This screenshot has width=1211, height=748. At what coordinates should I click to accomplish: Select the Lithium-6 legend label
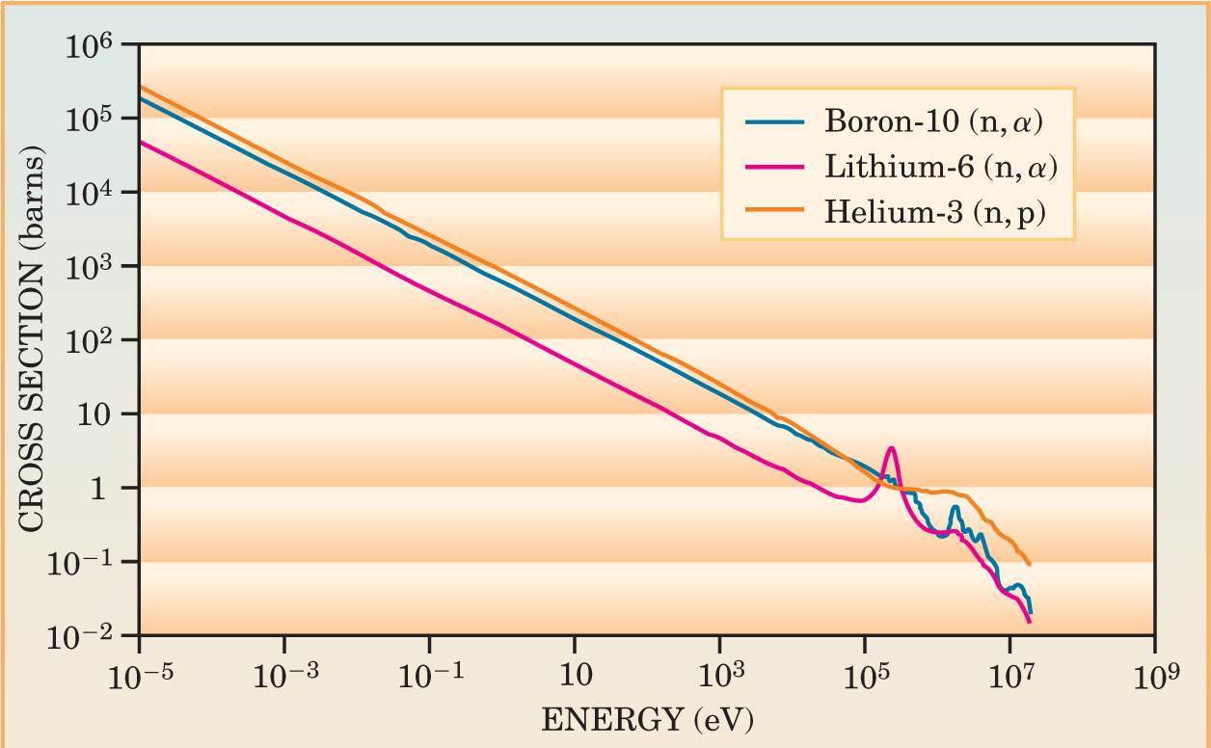point(942,168)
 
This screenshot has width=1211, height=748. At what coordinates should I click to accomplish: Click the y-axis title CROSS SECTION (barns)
point(32,338)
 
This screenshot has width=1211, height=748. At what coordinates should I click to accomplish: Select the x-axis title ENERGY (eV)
point(648,719)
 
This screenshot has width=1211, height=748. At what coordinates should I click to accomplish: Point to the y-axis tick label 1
point(114,489)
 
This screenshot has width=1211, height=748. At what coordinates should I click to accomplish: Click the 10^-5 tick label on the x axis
point(140,674)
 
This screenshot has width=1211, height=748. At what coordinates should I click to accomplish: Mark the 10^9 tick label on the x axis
point(1154,674)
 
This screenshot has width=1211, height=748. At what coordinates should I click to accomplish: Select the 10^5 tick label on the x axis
point(864,674)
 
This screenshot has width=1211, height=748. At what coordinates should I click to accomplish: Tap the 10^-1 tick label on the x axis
point(429,674)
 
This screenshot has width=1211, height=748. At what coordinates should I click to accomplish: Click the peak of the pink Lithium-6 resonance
point(892,448)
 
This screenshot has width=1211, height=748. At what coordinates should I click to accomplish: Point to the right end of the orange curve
point(1030,564)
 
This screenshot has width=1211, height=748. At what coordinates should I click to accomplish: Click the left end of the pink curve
point(141,142)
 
